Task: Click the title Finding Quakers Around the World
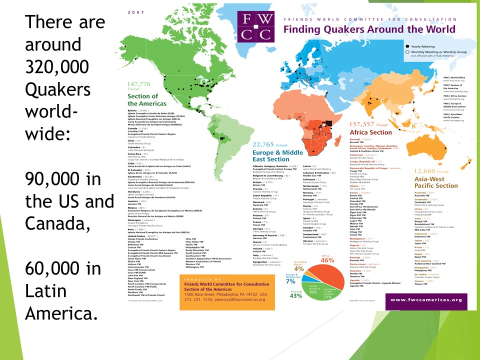pyautogui.click(x=369, y=29)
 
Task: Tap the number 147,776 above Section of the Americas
pyautogui.click(x=139, y=84)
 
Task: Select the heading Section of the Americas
pyautogui.click(x=142, y=99)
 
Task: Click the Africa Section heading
pyautogui.click(x=370, y=132)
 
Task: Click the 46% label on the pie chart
pyautogui.click(x=327, y=260)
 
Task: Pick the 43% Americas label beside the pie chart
pyautogui.click(x=296, y=295)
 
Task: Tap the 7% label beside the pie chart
pyautogui.click(x=290, y=281)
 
